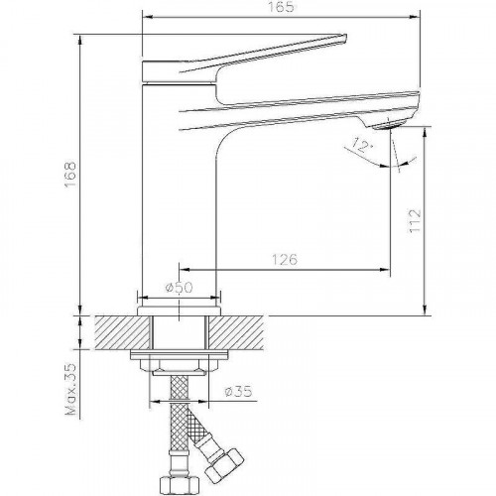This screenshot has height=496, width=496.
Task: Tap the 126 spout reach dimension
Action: [x=286, y=259]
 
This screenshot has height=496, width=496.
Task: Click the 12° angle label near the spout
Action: [x=364, y=147]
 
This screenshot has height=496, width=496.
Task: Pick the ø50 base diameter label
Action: [x=179, y=287]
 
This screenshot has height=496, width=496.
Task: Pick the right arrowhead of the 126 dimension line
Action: [x=386, y=270]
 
